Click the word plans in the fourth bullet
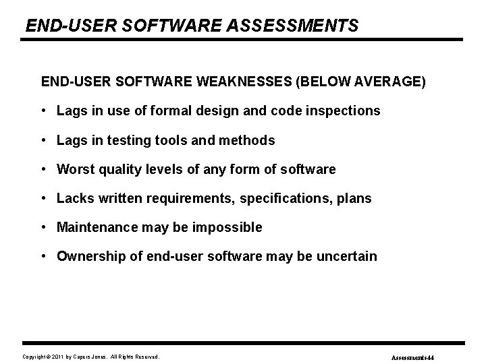point(354,199)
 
